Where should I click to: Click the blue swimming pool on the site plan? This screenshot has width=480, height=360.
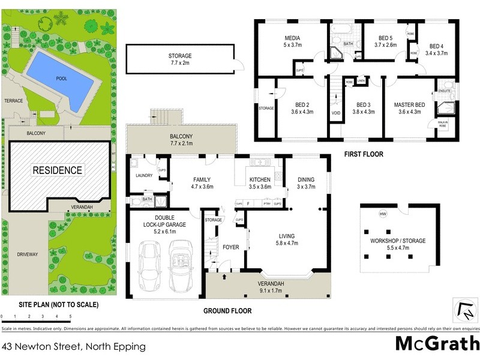coord(59,79)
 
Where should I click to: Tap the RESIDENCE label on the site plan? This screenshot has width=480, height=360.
coord(58,170)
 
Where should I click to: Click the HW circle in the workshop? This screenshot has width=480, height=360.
coord(382,214)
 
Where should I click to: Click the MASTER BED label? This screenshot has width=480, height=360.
coord(410,105)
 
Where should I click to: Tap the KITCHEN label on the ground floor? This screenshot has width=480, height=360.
coord(260,180)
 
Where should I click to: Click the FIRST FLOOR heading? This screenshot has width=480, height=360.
coord(364,154)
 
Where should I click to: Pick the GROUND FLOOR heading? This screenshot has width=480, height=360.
coord(227,311)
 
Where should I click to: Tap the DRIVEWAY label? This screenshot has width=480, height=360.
coord(28,254)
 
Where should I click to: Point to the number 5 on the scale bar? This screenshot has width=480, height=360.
coord(70,316)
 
